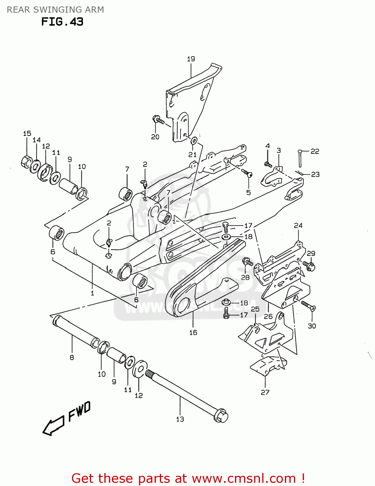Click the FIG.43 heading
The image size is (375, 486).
pyautogui.click(x=62, y=22)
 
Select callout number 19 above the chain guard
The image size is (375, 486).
pyautogui.click(x=191, y=59)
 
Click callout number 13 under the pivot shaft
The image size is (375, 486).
pyautogui.click(x=180, y=419)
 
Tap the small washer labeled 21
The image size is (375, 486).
pyautogui.click(x=194, y=141)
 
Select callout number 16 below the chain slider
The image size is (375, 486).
pyautogui.click(x=193, y=332)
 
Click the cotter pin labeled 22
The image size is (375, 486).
pyautogui.click(x=300, y=159)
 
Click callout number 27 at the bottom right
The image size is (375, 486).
pyautogui.click(x=265, y=392)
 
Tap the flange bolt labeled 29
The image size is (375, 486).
pyautogui.click(x=309, y=266)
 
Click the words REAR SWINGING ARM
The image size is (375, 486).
pyautogui.click(x=55, y=10)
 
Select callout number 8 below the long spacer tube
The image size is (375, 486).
pyautogui.click(x=72, y=357)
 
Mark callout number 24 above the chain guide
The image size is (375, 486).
pyautogui.click(x=298, y=225)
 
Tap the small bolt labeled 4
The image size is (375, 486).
pyautogui.click(x=268, y=164)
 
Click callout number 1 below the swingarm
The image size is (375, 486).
pyautogui.click(x=92, y=293)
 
